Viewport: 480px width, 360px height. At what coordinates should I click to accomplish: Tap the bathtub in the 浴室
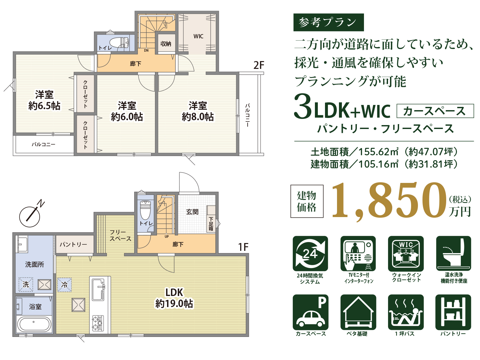click(34, 324)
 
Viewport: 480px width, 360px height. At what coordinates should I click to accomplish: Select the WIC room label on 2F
click(198, 36)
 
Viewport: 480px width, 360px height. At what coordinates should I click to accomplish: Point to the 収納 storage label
click(166, 44)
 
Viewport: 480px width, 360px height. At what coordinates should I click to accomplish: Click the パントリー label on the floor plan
click(74, 244)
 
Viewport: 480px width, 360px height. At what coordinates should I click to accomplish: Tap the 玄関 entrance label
click(192, 212)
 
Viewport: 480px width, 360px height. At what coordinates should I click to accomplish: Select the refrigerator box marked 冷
click(65, 285)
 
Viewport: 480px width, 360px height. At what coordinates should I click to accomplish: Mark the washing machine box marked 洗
click(26, 284)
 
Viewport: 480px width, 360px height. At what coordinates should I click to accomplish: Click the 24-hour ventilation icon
click(310, 253)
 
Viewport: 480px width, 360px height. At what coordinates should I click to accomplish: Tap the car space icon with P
click(310, 312)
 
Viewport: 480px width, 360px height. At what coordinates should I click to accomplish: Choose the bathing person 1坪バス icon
click(406, 312)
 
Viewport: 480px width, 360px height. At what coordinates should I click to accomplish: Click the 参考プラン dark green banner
click(329, 22)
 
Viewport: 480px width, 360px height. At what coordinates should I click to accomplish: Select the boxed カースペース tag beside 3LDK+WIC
click(435, 111)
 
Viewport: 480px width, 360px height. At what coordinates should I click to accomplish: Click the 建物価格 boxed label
click(307, 201)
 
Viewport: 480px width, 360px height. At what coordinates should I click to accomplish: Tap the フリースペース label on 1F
click(120, 236)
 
